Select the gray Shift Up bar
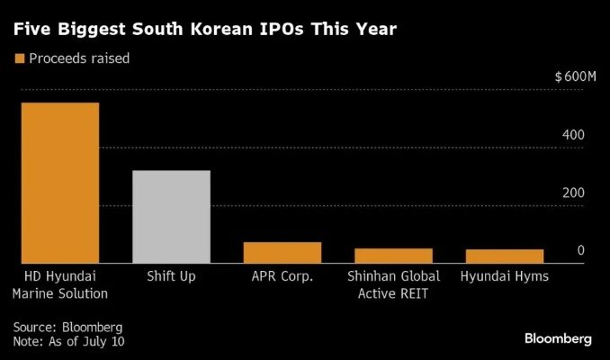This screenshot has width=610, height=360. click(x=171, y=216)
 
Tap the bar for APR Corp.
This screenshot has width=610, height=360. click(x=282, y=252)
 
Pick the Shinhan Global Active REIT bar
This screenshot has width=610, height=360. click(x=392, y=255)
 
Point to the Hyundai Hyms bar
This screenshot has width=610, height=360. click(x=504, y=256)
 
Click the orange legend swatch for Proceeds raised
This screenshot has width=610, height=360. click(x=17, y=58)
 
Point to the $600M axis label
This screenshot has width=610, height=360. click(x=576, y=76)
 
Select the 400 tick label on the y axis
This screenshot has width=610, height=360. click(x=574, y=135)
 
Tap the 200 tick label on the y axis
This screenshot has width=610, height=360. click(x=574, y=193)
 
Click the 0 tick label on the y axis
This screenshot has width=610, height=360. click(x=581, y=250)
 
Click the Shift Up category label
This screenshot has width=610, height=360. click(x=171, y=276)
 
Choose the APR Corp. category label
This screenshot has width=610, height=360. click(x=282, y=276)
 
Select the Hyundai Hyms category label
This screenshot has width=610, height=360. click(x=504, y=276)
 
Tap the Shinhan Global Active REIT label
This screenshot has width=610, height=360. click(x=392, y=284)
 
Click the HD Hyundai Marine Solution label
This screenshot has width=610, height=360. click(x=60, y=284)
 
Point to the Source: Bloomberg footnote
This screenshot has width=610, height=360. click(x=67, y=326)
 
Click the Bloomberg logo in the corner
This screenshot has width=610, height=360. click(x=558, y=338)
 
